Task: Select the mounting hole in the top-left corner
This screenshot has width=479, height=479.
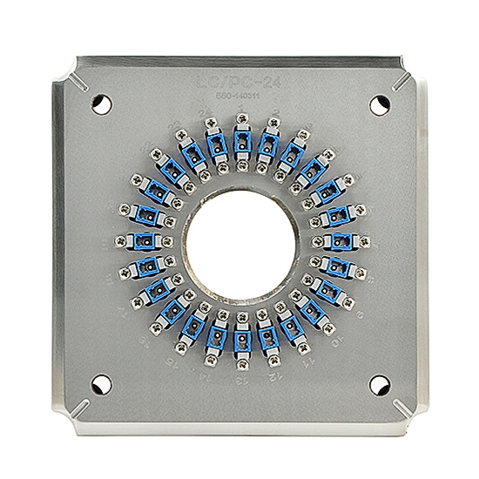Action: click(x=102, y=103)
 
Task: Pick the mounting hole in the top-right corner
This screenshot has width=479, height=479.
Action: click(x=379, y=104)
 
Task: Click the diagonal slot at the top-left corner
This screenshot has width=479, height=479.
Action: click(x=76, y=82)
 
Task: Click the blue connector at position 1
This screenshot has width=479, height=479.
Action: click(x=241, y=140)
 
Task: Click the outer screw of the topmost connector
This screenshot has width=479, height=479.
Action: click(x=241, y=124)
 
